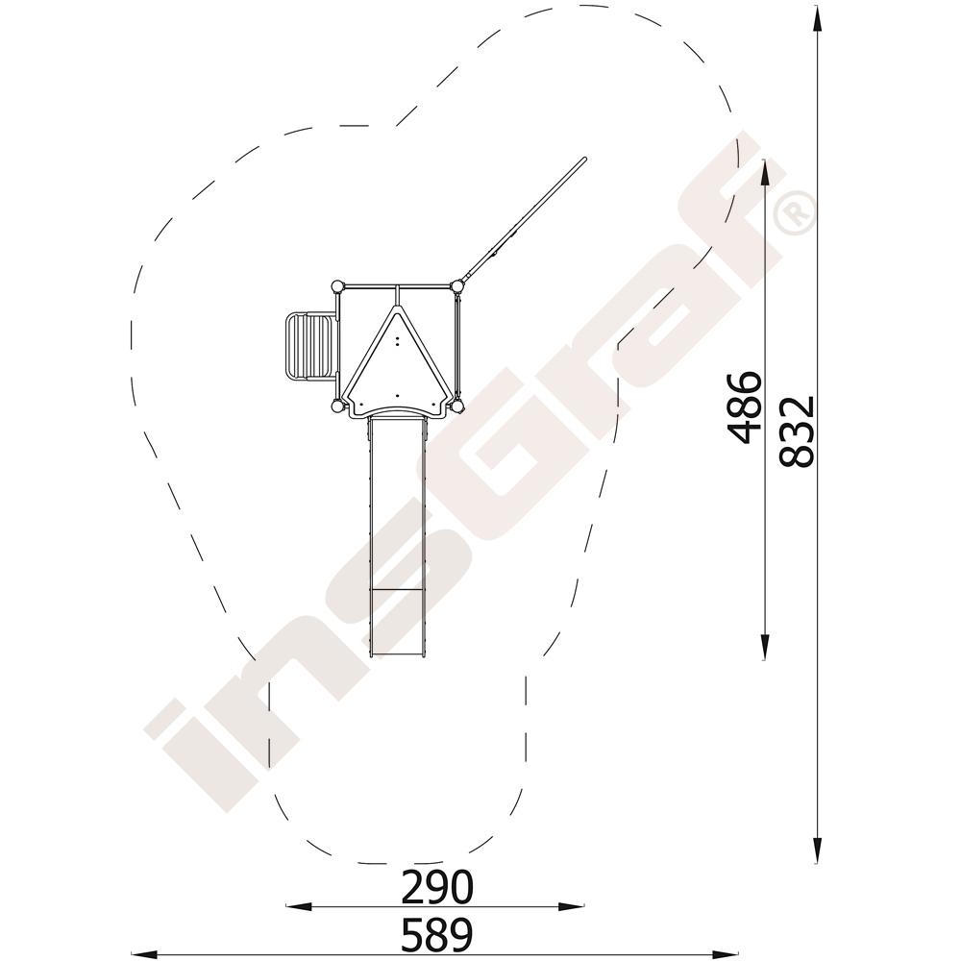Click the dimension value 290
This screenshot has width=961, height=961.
[x=437, y=888]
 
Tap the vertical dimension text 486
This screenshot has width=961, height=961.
[x=745, y=407]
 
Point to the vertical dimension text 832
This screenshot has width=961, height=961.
[x=798, y=432]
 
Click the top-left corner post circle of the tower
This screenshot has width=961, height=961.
[x=336, y=286]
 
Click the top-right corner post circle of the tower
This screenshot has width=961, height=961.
[x=456, y=286]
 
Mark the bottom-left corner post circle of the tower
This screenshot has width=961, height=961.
[x=336, y=406]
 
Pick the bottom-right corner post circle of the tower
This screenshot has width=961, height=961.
[x=456, y=406]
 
